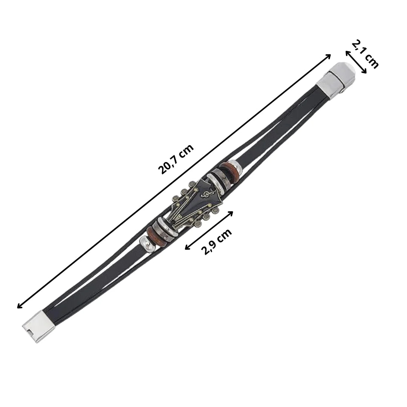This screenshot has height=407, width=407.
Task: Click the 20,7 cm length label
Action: (x=176, y=159)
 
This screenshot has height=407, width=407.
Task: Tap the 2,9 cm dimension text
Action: (x=216, y=242)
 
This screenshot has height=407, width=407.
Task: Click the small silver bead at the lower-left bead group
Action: (x=147, y=244)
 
